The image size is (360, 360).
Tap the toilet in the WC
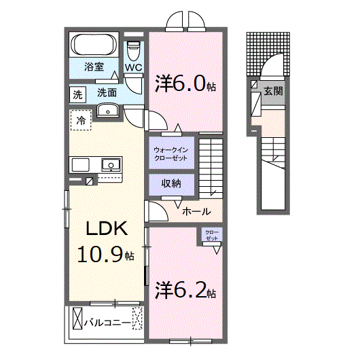[133, 51]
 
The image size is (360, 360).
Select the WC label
[134, 67]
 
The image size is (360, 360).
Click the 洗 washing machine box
[78, 94]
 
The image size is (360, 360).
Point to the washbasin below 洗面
[108, 110]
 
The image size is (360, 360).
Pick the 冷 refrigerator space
[81, 120]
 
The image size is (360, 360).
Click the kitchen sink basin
[111, 165]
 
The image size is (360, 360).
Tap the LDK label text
[107, 228]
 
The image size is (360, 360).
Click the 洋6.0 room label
[185, 84]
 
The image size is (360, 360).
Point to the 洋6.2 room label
[185, 290]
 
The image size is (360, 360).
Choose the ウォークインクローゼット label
[170, 154]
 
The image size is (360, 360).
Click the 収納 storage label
[171, 183]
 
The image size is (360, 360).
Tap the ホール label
[196, 211]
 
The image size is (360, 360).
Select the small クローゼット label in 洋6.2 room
[212, 235]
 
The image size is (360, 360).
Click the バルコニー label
[107, 323]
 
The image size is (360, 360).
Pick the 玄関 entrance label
[273, 92]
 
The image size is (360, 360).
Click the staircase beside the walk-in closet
[211, 168]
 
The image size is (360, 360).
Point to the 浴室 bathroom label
[94, 67]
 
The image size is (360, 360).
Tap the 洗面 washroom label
[107, 93]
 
